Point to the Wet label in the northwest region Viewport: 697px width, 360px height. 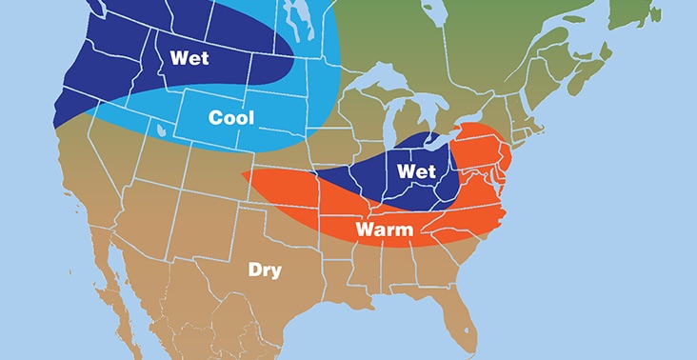pos(189,57)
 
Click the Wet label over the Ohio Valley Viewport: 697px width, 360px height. pos(416,171)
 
